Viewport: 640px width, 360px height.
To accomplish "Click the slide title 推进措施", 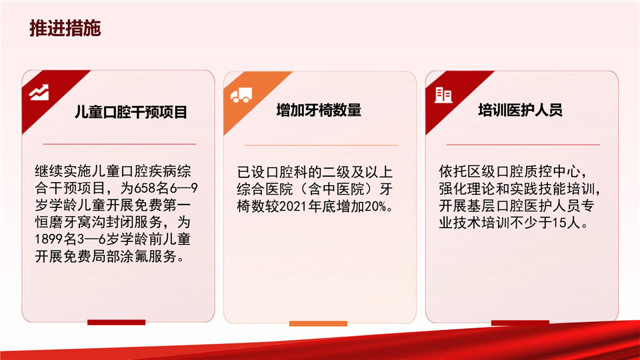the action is [65, 28].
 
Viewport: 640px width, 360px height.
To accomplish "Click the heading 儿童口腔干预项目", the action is [131, 112].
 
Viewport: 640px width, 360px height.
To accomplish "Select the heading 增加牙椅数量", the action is [319, 110].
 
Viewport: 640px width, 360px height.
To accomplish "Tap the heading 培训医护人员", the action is [521, 110].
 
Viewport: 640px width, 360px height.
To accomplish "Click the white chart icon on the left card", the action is [39, 93].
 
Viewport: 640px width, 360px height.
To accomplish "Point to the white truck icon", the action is [241, 95].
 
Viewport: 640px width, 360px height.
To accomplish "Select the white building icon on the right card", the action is [443, 95].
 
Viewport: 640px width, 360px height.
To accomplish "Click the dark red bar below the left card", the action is [116, 323].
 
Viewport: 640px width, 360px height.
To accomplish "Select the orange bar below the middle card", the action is [319, 324].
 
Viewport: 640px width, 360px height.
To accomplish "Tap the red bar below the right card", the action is [520, 323].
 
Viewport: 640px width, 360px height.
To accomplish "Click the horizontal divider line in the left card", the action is [119, 144].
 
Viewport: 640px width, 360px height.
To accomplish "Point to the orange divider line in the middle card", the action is [321, 145].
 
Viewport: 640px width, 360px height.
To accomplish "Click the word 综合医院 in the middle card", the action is [265, 189].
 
